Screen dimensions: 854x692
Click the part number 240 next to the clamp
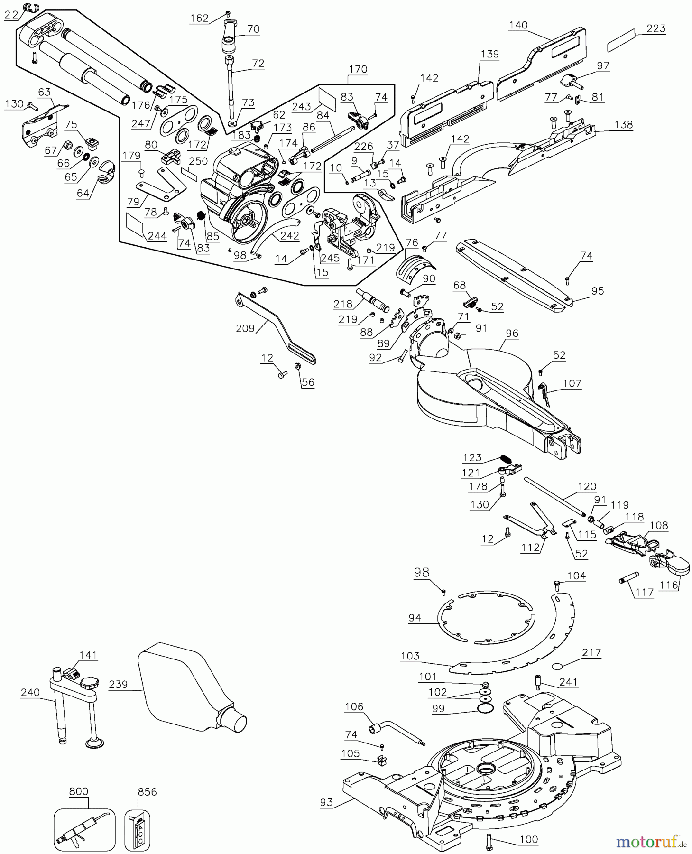coord(29,693)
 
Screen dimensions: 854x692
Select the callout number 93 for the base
coord(326,803)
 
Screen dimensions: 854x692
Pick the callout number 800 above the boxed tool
coord(78,792)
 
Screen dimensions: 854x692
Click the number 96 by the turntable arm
coord(512,334)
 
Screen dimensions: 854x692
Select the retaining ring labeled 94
coord(489,617)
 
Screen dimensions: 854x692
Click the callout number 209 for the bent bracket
coord(245,328)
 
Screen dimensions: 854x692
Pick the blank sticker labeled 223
coord(621,40)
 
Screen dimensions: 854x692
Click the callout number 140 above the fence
coord(518,25)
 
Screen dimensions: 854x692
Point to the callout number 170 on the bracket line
coord(358,69)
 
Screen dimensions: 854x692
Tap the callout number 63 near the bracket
coord(45,92)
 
